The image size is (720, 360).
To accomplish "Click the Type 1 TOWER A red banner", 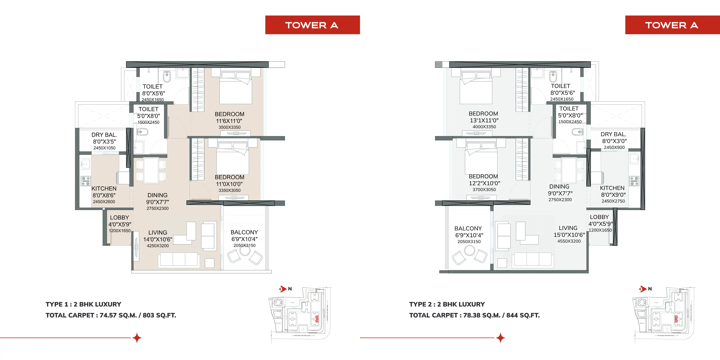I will point(312,25).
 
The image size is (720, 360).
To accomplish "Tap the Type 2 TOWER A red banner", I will point(672,25).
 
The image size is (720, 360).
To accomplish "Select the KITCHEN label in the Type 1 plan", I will point(104,189).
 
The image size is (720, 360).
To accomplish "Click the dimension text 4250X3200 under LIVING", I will point(158,246).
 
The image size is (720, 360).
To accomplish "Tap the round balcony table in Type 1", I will point(245,251).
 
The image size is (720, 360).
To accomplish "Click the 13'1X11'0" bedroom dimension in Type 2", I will point(484,120).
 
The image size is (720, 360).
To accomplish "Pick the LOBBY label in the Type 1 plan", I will point(119,218).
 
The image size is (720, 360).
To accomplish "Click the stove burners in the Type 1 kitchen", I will point(85,181).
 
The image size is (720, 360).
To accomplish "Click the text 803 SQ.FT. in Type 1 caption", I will point(159,315).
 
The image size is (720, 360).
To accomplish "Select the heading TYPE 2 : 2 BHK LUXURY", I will point(447,304).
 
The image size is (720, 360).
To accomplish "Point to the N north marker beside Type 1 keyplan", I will point(290,289).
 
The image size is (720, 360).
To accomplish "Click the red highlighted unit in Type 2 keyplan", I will point(676,319).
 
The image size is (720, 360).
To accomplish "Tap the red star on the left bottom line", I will point(137,338).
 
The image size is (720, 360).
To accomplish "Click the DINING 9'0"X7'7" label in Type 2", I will point(560,190).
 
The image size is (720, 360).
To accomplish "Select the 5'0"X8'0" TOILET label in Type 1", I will point(148,116).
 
